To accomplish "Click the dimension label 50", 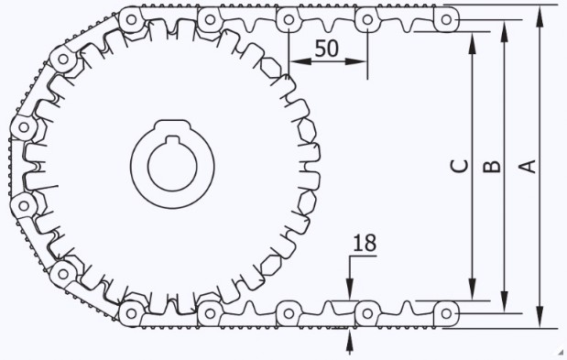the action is point(326,49).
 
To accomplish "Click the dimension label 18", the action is point(365,244).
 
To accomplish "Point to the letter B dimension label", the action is point(492,167).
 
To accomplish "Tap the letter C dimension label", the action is point(460,166).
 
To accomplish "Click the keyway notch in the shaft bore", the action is point(172,139).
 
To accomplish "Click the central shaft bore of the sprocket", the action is point(172,165).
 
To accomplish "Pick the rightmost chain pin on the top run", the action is point(446,19).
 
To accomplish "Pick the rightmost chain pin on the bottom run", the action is point(446,313).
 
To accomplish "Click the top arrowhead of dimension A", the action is point(540,16).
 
